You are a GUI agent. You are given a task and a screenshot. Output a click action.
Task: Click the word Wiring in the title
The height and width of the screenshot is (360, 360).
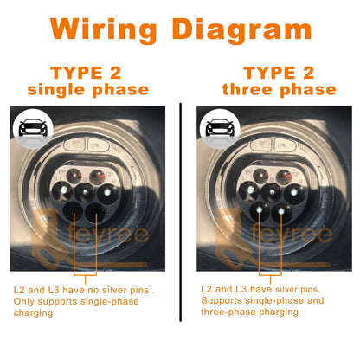(103, 29)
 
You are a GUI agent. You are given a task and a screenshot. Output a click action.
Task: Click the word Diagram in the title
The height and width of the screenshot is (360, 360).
(242, 29)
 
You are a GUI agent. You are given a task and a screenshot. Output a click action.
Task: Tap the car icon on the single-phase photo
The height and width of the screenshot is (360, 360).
(33, 128)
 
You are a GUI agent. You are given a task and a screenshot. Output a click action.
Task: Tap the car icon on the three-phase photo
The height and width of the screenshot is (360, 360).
(220, 128)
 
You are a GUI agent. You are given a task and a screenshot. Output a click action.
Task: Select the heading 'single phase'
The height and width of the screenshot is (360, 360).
(88, 90)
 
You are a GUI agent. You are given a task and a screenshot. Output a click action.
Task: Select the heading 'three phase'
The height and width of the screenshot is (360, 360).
(280, 90)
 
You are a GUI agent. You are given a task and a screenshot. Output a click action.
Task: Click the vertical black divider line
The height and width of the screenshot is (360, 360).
(181, 212)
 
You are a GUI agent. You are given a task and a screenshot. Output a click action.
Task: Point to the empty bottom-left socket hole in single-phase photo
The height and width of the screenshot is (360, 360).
(74, 212)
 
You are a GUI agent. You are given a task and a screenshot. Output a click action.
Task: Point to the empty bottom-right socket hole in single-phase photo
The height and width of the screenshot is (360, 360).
(95, 213)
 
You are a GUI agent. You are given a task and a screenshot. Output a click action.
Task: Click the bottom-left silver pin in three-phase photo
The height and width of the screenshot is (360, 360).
(260, 209)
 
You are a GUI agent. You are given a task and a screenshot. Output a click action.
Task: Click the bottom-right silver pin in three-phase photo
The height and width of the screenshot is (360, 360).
(281, 211)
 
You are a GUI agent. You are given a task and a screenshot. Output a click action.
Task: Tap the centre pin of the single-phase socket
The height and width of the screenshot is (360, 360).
(86, 191)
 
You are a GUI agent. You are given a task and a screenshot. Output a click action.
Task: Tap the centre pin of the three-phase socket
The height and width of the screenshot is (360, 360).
(272, 191)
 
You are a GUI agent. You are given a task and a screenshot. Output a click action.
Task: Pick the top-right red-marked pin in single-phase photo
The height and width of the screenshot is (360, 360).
(99, 176)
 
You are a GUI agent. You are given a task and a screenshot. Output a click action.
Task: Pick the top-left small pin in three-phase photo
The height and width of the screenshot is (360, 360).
(261, 176)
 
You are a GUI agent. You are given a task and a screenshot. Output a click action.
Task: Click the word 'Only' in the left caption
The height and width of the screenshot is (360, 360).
(23, 302)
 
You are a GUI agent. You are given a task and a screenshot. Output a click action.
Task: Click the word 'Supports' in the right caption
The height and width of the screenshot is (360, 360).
(222, 300)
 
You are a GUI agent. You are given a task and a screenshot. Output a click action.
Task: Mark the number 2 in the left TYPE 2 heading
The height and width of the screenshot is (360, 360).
(115, 73)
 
